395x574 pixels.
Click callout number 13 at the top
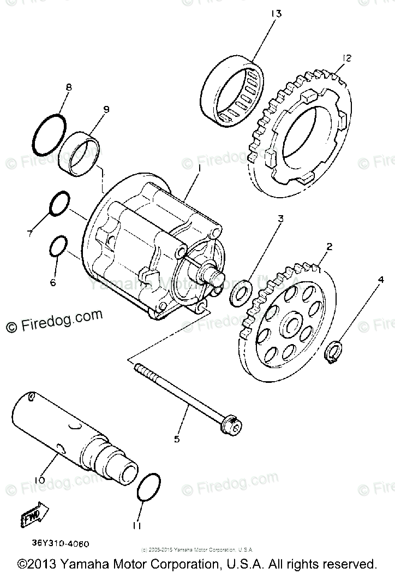[x=276, y=13]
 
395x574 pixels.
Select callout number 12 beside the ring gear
[x=347, y=58]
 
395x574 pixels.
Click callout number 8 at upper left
[x=68, y=87]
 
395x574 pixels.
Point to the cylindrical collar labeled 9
[x=80, y=155]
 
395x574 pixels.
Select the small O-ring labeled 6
[x=58, y=246]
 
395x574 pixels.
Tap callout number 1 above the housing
[x=199, y=170]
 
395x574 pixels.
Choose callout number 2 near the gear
[x=328, y=246]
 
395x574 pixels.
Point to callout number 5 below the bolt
[x=176, y=437]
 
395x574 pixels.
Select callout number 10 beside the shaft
[x=39, y=480]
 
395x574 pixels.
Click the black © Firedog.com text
[x=54, y=322]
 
